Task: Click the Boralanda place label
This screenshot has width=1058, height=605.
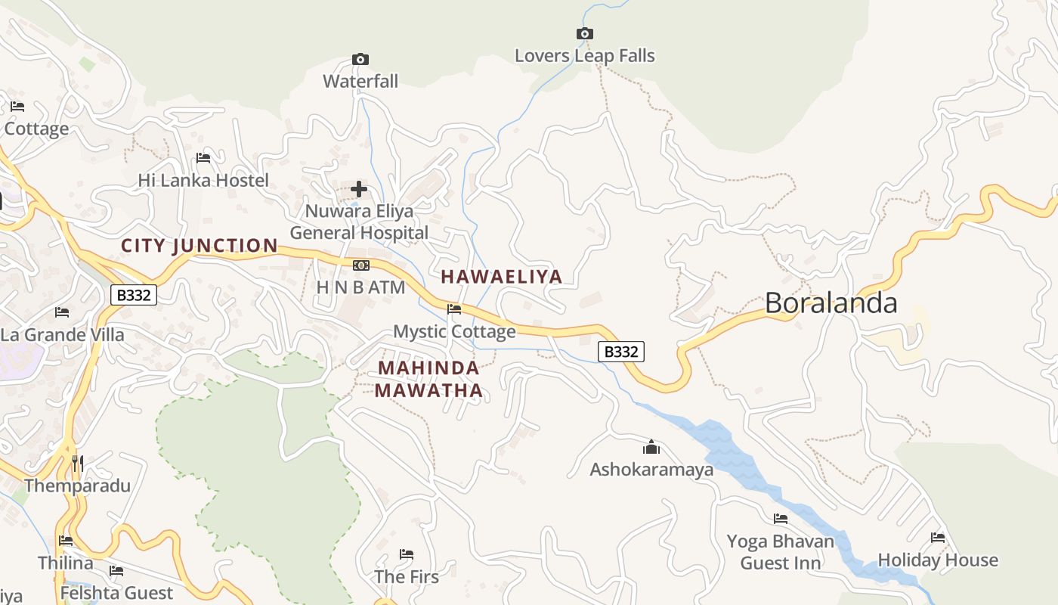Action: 831,303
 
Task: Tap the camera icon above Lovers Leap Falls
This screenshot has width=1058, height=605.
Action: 584,33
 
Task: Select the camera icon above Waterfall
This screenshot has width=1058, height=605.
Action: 360,59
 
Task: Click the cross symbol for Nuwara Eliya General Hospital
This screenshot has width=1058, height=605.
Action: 359,188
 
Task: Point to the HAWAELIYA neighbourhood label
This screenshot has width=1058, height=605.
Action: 502,277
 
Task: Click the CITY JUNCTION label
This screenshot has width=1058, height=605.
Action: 200,246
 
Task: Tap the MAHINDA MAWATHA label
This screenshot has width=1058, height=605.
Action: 428,380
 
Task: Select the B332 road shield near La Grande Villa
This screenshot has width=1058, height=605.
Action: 134,295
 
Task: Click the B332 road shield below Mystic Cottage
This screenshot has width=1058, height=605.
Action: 621,352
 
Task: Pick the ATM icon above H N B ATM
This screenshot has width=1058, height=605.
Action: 361,265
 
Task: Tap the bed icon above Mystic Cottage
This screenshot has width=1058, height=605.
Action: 454,309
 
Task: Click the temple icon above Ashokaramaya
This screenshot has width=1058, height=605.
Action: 651,447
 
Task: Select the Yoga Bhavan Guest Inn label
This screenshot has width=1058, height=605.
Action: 781,552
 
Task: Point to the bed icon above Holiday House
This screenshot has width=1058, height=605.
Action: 938,538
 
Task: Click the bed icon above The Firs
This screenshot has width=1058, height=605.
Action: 407,554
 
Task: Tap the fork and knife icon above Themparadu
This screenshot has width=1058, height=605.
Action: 77,462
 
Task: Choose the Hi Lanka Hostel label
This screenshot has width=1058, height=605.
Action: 203,181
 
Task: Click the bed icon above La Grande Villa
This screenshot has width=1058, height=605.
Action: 62,312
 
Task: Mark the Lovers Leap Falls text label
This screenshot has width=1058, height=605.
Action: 584,56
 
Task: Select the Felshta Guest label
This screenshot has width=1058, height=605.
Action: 116,593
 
